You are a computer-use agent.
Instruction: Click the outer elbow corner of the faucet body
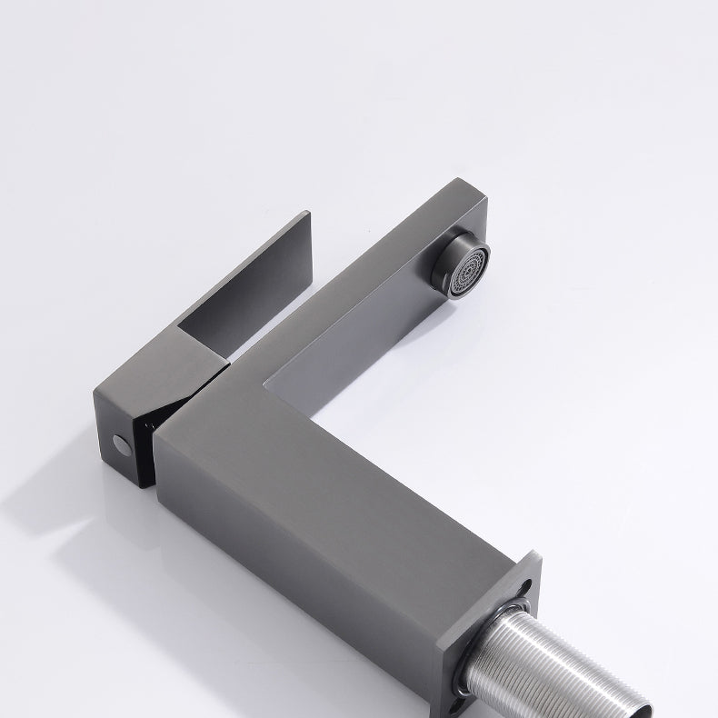(164, 427)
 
